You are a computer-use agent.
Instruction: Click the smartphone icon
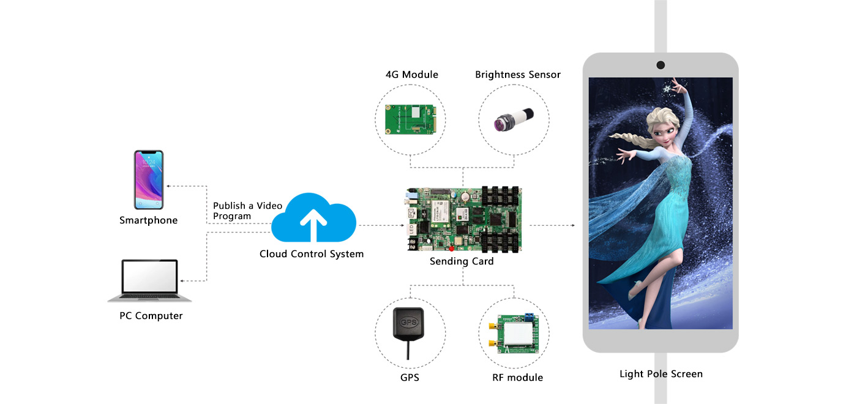click(x=149, y=180)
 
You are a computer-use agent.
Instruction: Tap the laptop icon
click(x=150, y=281)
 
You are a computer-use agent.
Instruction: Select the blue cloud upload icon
click(x=313, y=219)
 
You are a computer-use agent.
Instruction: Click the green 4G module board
click(x=410, y=119)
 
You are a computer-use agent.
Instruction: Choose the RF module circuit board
click(x=514, y=335)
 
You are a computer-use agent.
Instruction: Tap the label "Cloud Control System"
click(x=312, y=254)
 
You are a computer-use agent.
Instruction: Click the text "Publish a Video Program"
click(x=247, y=211)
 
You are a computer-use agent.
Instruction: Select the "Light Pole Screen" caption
click(x=661, y=374)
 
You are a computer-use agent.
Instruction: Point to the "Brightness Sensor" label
click(x=518, y=75)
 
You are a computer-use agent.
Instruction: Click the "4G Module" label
click(x=412, y=75)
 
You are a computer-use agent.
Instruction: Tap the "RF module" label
click(x=517, y=378)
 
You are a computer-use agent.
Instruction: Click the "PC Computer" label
click(x=151, y=316)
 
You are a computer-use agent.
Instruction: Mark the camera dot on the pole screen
click(x=661, y=65)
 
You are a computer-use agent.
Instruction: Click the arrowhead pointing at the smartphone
click(x=170, y=185)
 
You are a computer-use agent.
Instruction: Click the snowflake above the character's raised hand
click(x=667, y=89)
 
